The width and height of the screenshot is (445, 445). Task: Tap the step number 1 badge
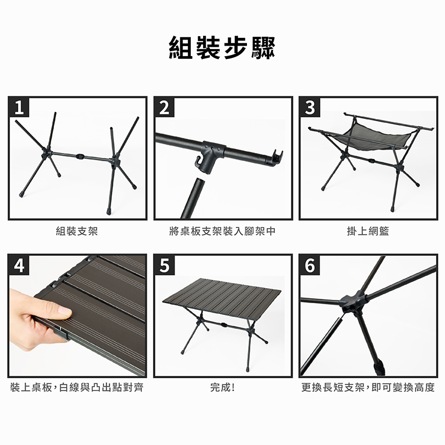point(19,107)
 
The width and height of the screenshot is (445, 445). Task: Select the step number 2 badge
point(164,107)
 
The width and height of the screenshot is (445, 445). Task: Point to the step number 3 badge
point(310,107)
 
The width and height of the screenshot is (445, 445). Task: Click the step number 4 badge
point(19,265)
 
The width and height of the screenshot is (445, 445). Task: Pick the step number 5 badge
point(164,265)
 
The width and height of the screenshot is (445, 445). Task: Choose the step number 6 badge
point(310,265)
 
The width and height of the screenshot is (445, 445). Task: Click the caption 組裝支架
point(77,231)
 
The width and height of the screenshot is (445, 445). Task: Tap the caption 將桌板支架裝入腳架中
point(222,231)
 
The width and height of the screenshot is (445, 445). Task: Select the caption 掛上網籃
point(368,231)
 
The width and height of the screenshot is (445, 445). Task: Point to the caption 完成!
point(222,387)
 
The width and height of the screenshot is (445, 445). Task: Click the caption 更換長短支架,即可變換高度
point(368,387)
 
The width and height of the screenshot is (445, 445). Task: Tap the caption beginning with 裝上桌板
point(77,387)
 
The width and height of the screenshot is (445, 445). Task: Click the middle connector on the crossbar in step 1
point(81,156)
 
